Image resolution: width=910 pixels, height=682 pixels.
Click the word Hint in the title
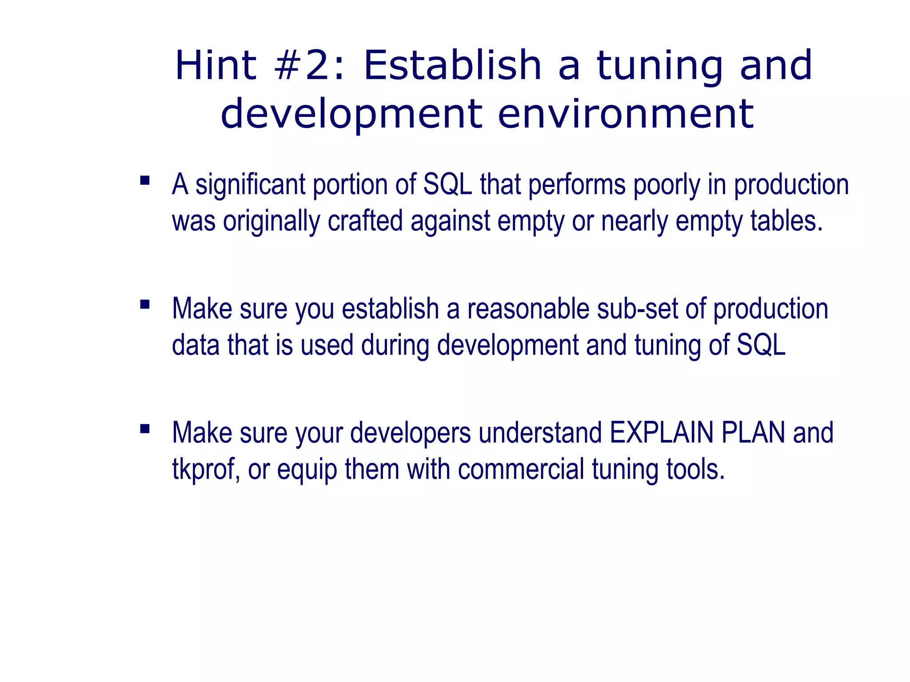point(216,66)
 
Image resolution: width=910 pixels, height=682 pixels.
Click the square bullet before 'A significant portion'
point(145,180)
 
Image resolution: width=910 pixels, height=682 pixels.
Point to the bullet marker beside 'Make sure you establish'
point(145,305)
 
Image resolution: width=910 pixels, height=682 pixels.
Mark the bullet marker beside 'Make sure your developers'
point(145,429)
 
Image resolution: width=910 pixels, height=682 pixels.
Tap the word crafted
point(365,221)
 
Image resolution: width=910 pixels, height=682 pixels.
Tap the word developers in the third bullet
point(411,433)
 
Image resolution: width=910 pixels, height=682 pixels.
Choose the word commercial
point(521,470)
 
